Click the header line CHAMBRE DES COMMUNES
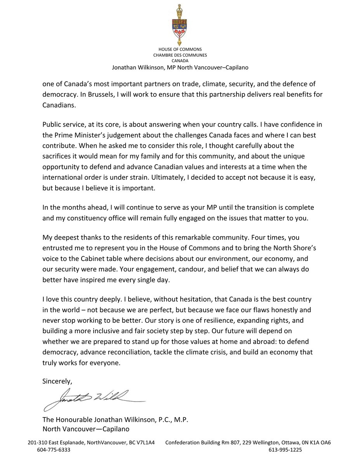(x=179, y=55)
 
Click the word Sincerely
(x=57, y=381)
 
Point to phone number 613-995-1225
(x=285, y=450)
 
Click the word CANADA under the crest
(x=179, y=61)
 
